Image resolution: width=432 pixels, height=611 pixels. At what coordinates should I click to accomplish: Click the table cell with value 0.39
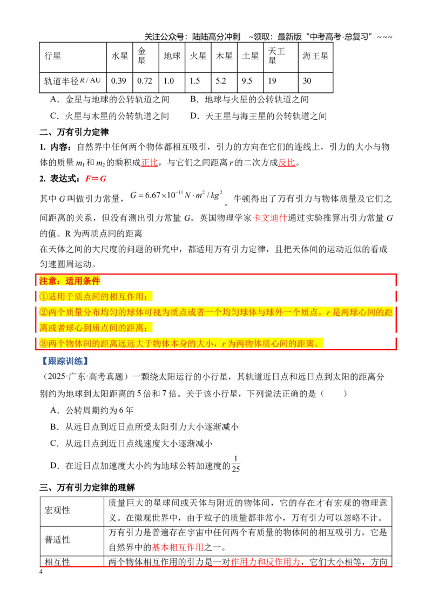click(119, 81)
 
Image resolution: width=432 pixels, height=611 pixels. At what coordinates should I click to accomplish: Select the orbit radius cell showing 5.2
click(224, 81)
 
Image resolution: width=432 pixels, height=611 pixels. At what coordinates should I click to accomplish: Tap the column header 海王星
click(315, 56)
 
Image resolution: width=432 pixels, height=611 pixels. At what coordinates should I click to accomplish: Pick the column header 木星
click(224, 56)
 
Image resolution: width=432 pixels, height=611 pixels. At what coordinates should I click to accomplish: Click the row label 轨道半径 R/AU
click(72, 81)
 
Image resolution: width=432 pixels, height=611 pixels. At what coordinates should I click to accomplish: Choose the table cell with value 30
click(315, 81)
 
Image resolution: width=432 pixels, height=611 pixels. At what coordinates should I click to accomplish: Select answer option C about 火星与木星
click(110, 116)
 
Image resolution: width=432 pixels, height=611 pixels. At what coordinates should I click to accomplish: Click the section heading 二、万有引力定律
click(74, 132)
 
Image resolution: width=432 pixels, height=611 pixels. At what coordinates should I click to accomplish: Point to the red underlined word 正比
click(150, 162)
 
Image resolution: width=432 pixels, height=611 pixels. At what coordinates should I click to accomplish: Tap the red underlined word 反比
click(287, 162)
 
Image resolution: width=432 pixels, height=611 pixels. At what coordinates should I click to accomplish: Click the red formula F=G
click(96, 179)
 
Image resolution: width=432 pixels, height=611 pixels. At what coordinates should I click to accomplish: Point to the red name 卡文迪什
click(270, 218)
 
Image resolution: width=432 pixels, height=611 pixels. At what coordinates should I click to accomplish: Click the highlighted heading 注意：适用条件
click(70, 281)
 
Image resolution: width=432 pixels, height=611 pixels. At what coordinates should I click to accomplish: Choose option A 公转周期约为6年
click(92, 410)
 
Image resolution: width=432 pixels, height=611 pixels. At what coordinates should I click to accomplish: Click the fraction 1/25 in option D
click(236, 464)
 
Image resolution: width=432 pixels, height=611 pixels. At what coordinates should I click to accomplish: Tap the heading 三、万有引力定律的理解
click(87, 487)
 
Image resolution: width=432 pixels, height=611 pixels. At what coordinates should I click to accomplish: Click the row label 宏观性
click(57, 511)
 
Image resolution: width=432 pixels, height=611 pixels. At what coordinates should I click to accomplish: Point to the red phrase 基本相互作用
click(178, 547)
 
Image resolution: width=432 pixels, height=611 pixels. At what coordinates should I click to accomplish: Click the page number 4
click(41, 572)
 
